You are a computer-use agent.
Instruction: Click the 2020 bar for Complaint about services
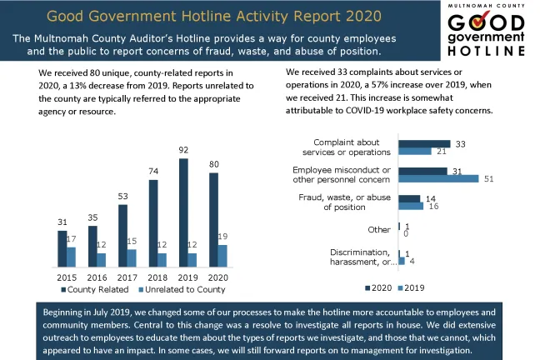[x=424, y=143]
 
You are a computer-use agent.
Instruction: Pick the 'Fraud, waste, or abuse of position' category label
[x=344, y=202]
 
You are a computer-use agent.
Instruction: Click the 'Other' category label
[x=378, y=229]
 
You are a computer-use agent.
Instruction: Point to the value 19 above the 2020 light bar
[x=222, y=237]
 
